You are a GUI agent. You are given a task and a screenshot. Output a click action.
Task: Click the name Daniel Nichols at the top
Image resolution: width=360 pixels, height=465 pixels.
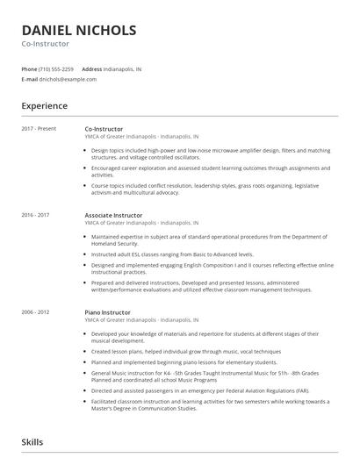coord(79,30)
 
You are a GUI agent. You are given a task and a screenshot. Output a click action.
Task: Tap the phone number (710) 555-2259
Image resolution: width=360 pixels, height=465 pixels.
coord(56,68)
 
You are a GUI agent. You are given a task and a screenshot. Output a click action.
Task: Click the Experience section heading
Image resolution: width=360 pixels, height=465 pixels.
coord(44,106)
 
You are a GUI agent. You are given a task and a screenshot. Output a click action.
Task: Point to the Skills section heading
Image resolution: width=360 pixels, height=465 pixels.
coord(32,443)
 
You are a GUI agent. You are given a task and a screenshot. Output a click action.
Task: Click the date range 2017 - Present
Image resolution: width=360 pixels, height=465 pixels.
coord(39,129)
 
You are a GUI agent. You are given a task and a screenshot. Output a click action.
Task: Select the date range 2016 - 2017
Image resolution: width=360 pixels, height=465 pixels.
coord(35,214)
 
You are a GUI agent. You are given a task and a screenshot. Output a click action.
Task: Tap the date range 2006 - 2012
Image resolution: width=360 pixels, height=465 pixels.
coord(35,311)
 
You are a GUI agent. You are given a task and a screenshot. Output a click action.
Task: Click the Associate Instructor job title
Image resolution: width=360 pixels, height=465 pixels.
coord(113,214)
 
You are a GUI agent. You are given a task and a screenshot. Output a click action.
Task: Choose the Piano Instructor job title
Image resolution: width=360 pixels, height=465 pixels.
coord(107,311)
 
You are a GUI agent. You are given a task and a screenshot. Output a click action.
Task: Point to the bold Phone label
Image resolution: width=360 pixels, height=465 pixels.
coord(29,68)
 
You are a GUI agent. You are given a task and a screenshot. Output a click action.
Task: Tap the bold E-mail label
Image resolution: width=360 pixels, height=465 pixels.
coord(29,79)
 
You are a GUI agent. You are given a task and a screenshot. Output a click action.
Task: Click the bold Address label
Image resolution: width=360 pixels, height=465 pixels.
coord(91,68)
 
